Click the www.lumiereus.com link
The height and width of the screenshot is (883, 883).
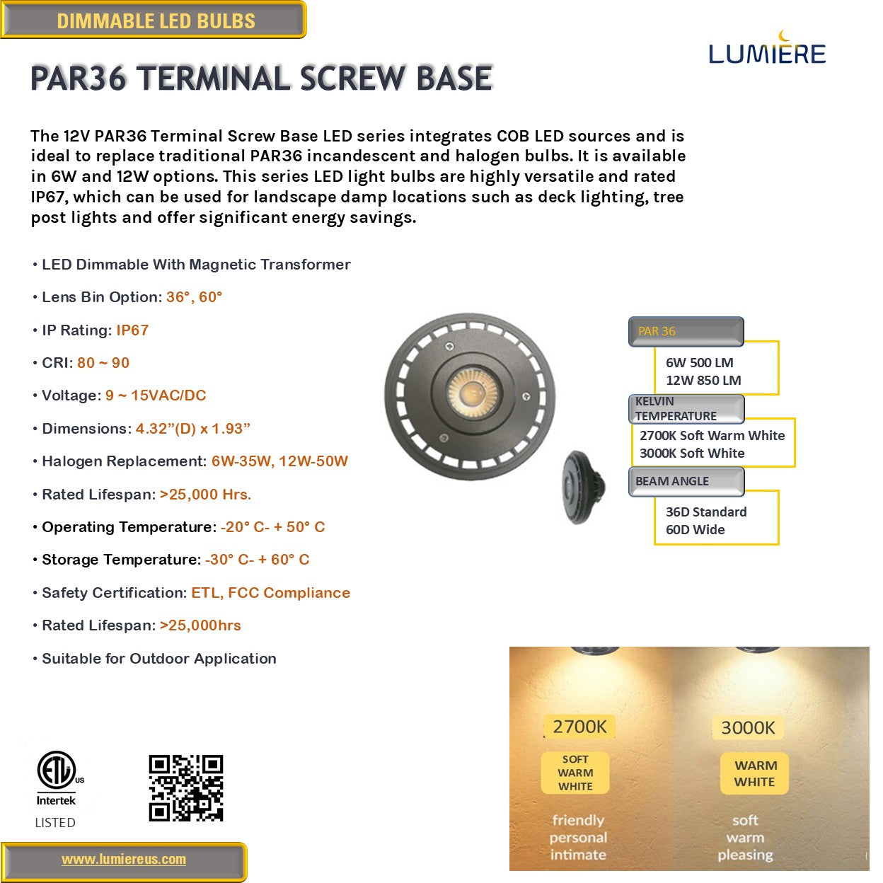point(124,860)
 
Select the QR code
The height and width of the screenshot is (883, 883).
point(186,788)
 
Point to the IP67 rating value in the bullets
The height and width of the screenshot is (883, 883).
point(132,330)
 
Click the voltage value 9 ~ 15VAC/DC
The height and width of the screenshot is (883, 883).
point(156,396)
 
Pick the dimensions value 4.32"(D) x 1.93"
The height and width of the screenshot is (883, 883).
point(193,429)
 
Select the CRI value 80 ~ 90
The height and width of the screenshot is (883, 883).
point(103,363)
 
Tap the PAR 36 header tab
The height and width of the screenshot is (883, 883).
point(686,331)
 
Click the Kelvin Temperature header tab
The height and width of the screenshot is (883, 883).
point(686,409)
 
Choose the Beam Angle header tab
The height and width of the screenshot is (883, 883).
point(686,481)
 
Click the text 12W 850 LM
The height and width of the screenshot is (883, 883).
point(703,380)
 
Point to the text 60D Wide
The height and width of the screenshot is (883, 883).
point(695,530)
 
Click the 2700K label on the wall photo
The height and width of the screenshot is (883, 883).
point(579,727)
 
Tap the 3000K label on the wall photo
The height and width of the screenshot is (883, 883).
point(748,727)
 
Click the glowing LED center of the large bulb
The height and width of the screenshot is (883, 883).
point(469,391)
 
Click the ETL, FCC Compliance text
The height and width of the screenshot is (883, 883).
point(270,593)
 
